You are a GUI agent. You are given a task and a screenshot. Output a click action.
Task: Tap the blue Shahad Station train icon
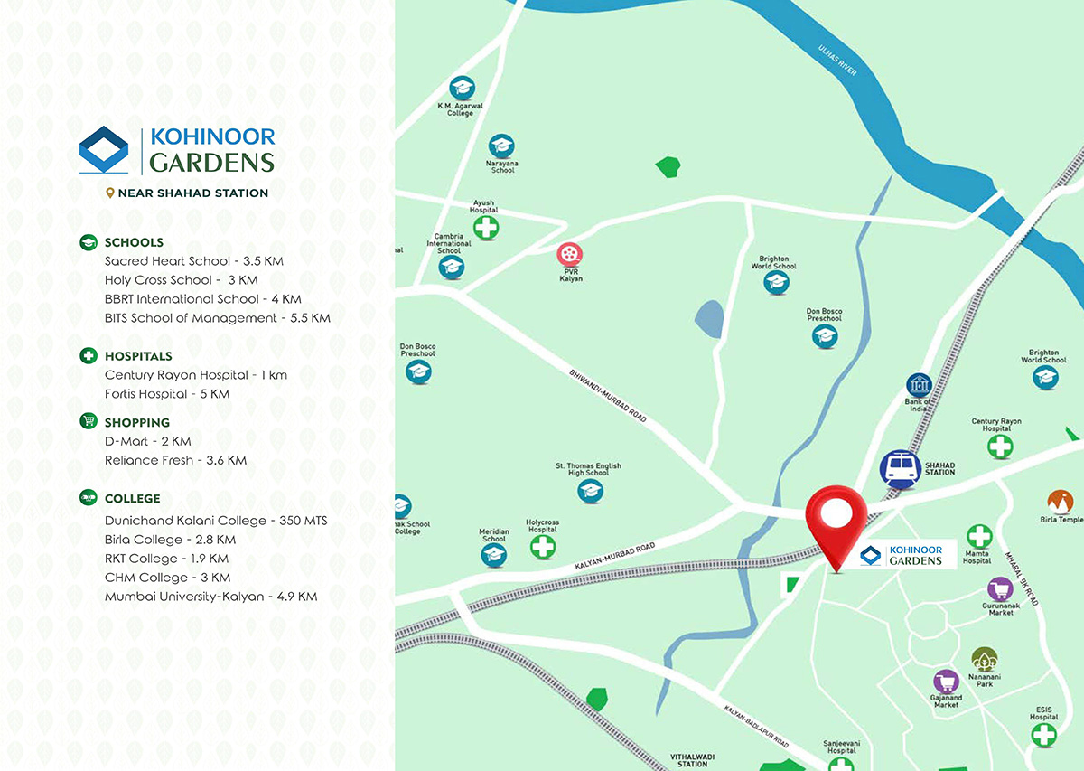click(900, 469)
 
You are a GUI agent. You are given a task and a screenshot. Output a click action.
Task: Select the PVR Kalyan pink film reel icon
click(569, 255)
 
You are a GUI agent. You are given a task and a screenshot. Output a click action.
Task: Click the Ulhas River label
click(837, 60)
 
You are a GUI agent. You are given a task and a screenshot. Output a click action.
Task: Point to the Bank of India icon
click(919, 385)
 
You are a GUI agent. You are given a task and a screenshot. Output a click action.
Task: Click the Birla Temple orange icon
click(1060, 502)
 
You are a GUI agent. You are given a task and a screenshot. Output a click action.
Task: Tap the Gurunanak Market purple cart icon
click(1000, 590)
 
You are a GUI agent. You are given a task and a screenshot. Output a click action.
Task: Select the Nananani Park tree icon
click(984, 659)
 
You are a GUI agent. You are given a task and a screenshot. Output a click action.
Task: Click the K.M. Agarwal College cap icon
click(463, 89)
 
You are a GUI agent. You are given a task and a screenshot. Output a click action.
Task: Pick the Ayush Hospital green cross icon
click(486, 227)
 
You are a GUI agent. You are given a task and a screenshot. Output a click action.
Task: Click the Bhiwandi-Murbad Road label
click(607, 396)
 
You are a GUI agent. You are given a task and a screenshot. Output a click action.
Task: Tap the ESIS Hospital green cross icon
click(1044, 734)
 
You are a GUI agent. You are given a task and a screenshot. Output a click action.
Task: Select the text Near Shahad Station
click(192, 193)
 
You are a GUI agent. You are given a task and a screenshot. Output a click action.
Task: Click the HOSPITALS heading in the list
click(137, 356)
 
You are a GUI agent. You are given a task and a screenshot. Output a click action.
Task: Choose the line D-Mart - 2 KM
click(147, 441)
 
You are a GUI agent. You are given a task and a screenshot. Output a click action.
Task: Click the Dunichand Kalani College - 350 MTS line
click(215, 521)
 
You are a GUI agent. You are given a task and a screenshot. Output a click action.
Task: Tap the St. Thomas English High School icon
click(590, 491)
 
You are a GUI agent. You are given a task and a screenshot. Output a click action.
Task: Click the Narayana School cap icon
click(500, 146)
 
